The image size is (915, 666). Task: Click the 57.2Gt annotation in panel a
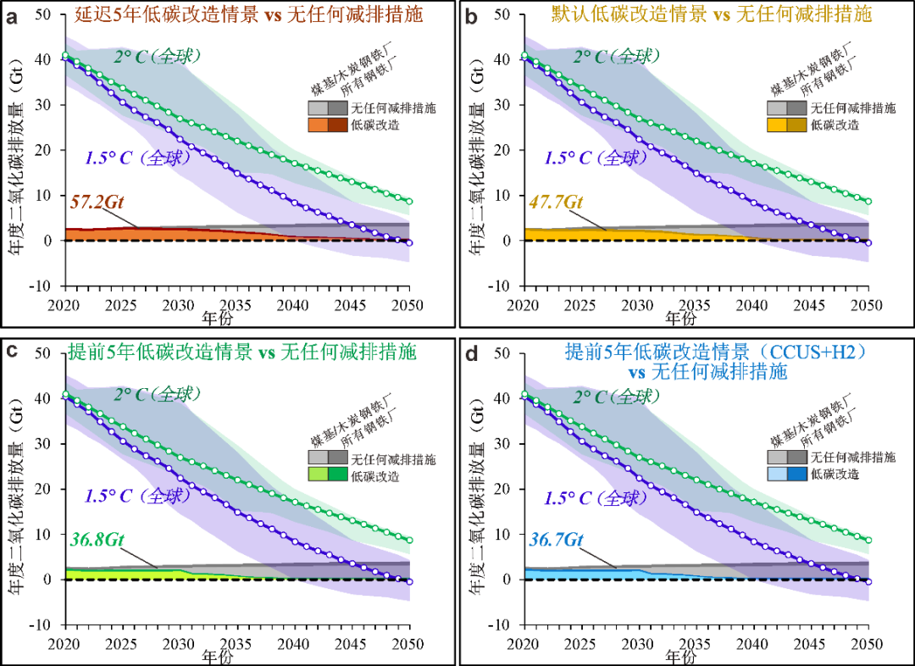tap(97, 202)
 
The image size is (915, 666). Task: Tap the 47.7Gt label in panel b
tap(556, 202)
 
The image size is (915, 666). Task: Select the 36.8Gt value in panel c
tap(97, 540)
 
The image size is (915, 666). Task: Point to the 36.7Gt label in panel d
tap(556, 540)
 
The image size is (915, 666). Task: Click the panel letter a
tap(11, 17)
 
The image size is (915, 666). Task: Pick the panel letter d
tap(472, 353)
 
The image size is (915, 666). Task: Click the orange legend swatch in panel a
tap(318, 125)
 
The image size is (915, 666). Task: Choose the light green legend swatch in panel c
tap(318, 475)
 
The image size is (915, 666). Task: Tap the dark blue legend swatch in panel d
tap(796, 474)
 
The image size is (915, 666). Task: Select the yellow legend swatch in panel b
tap(777, 125)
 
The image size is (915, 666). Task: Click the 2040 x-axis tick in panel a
tap(293, 305)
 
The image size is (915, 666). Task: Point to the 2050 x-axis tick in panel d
tap(868, 644)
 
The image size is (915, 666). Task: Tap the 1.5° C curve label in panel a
tap(138, 158)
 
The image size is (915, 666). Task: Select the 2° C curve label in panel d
tap(616, 397)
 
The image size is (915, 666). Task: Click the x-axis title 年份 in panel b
tap(680, 318)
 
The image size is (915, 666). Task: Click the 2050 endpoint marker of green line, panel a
tap(409, 202)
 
